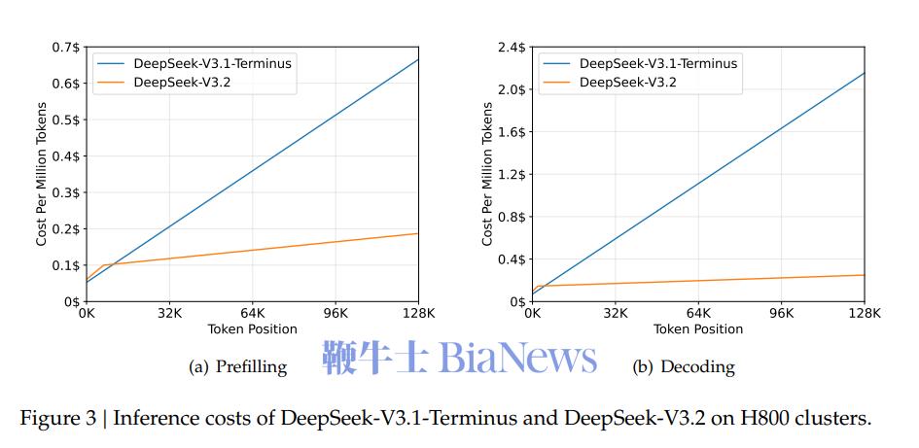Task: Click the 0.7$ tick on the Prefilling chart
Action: [x=66, y=47]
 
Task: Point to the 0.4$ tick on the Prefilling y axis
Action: [x=66, y=155]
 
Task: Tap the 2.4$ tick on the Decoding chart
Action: [x=512, y=47]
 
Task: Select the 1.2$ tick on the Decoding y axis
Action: [x=512, y=174]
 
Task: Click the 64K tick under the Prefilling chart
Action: [x=252, y=314]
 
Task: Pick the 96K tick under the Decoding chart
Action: [x=781, y=314]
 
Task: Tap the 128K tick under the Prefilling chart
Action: [x=416, y=314]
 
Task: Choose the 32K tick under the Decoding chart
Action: [x=615, y=314]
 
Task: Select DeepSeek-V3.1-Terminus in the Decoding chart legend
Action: [x=658, y=64]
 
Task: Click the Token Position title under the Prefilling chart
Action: [x=252, y=329]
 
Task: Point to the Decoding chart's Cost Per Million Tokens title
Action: [x=487, y=174]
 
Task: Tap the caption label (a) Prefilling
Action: [x=238, y=367]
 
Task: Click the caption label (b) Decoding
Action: [x=684, y=367]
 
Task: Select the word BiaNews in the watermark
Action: [x=517, y=358]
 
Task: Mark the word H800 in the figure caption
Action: [x=762, y=419]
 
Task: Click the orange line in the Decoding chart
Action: [x=700, y=281]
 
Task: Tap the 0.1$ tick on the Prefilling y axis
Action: [x=66, y=265]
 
